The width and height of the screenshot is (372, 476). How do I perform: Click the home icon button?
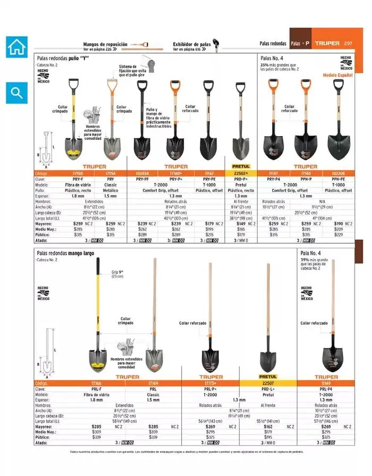16,47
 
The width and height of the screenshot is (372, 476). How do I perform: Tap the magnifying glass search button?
16,93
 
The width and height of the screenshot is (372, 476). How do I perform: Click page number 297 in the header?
348,43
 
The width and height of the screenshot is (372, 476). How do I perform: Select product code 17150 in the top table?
78,173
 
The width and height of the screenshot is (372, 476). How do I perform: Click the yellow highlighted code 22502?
241,173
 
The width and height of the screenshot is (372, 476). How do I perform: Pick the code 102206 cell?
339,173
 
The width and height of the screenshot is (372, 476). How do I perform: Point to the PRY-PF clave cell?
143,179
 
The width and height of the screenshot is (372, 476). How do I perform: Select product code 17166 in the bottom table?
97,383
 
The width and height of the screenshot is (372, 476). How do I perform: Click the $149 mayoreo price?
236,224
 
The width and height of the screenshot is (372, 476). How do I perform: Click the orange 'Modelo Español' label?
337,76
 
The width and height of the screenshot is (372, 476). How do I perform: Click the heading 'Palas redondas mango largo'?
65,254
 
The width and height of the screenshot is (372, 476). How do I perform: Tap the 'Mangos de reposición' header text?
105,45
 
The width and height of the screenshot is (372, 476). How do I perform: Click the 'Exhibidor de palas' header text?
192,45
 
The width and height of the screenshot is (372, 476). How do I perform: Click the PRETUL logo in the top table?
241,166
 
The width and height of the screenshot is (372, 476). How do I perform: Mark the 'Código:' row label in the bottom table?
45,383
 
